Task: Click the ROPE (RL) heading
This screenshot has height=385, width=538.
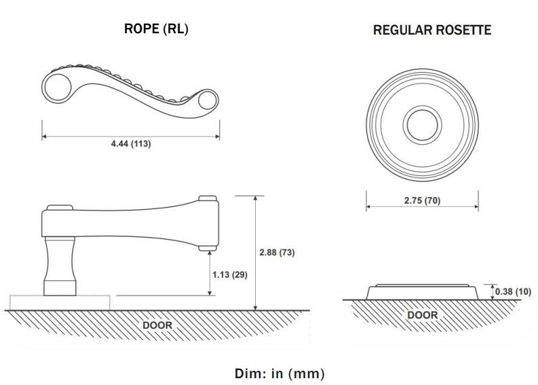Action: tap(156, 29)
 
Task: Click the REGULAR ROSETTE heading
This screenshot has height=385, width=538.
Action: tap(432, 30)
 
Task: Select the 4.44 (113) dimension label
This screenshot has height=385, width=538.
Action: tap(131, 143)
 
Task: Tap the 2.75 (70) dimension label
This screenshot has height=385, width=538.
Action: tap(422, 200)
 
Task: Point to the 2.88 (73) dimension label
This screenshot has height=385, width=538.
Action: tap(277, 253)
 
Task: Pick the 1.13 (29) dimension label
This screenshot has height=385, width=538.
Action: tap(230, 275)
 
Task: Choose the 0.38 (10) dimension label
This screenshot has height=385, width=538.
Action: tap(513, 291)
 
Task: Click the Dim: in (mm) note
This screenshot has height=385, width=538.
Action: tap(280, 373)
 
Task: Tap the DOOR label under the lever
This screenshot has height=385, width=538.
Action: tap(157, 325)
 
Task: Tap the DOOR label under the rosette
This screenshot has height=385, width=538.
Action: tap(423, 315)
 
